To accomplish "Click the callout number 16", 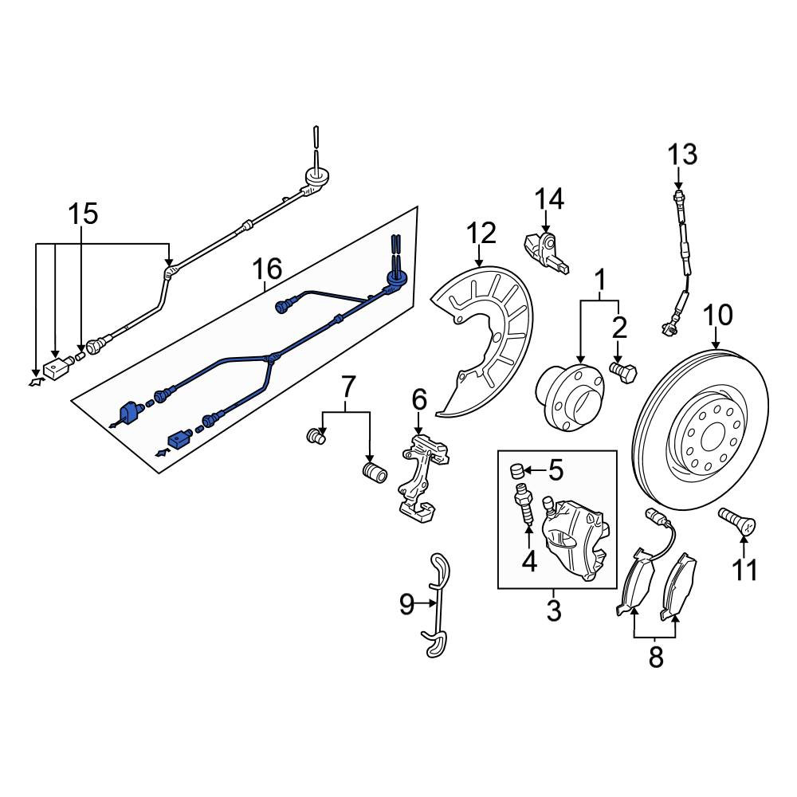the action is (x=267, y=269).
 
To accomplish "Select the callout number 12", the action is (x=481, y=234).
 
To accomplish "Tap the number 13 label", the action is (x=682, y=155).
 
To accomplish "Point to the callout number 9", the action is (x=406, y=604).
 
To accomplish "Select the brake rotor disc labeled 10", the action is (x=701, y=430).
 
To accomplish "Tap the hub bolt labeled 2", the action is (x=623, y=372).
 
